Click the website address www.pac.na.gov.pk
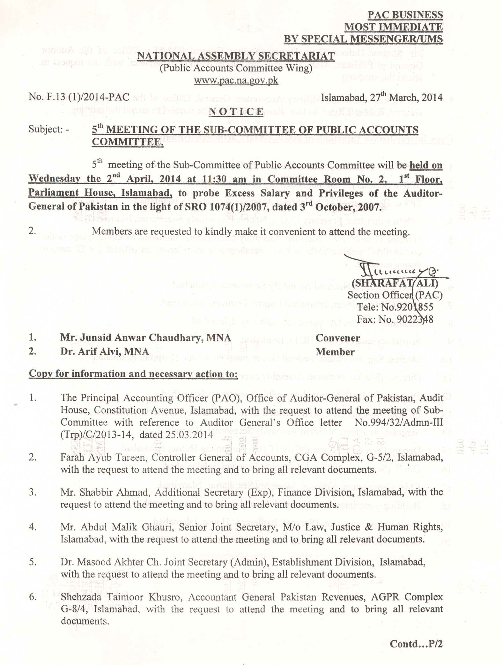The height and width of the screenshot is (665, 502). (x=236, y=80)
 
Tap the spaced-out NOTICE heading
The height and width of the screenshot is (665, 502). (x=236, y=112)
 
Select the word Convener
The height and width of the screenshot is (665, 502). (x=338, y=338)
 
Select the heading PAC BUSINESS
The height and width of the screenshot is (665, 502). (x=405, y=15)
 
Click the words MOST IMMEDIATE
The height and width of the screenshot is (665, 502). (x=394, y=27)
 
